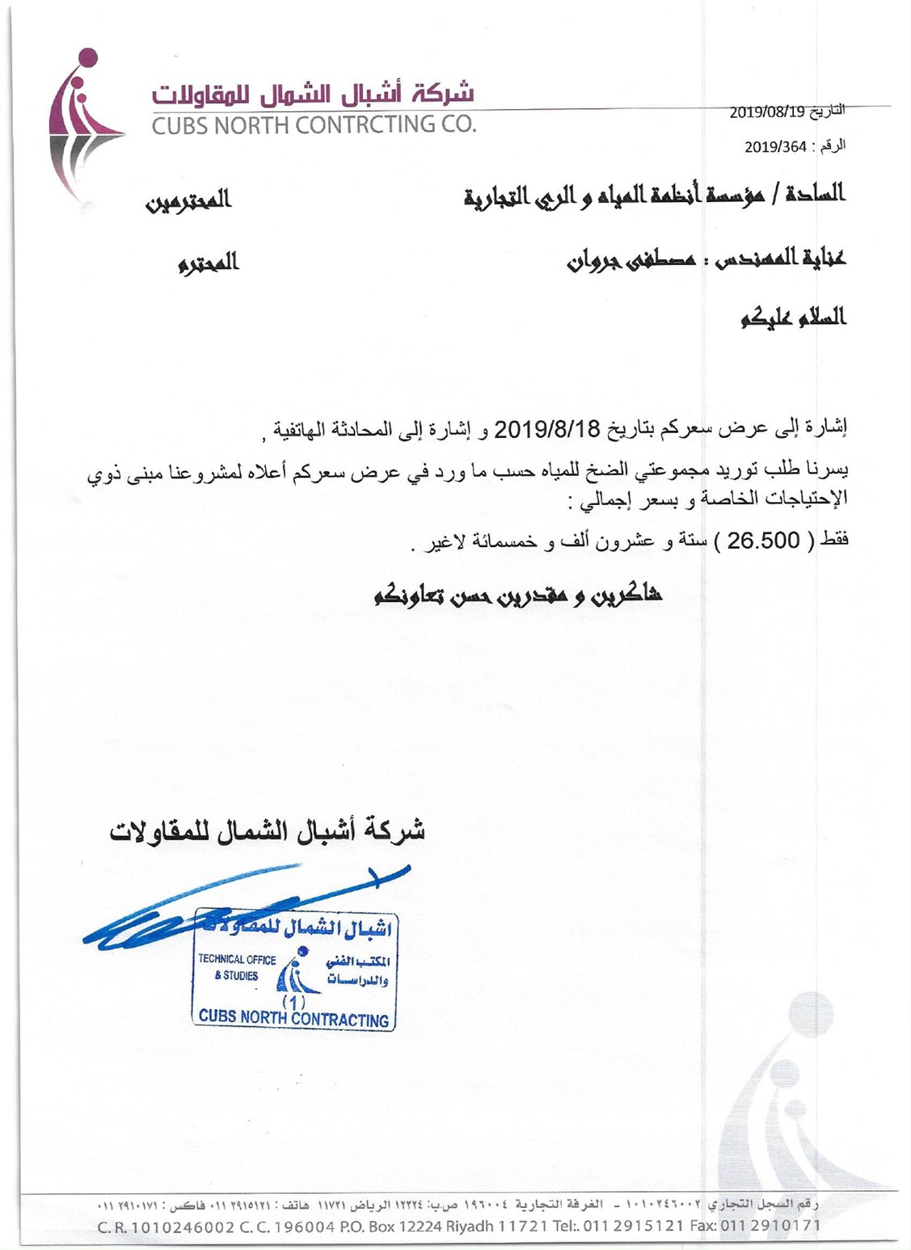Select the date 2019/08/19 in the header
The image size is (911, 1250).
coord(768,112)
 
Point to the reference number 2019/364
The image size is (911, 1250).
coord(775,146)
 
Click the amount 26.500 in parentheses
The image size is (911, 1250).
coord(763,541)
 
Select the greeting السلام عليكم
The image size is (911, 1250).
coord(793,318)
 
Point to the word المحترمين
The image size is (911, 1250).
coord(189,200)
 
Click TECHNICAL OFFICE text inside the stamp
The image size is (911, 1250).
coord(237,960)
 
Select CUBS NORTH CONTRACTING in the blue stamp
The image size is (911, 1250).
coord(293,1018)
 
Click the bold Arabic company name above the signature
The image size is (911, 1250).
coord(268,831)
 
